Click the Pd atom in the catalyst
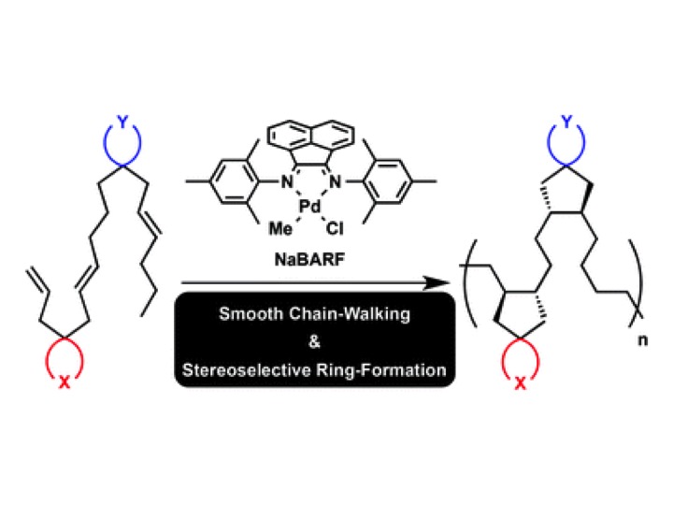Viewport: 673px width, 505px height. [310, 207]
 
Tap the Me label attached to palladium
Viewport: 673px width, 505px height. [280, 229]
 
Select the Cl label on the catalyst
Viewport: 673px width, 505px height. [335, 229]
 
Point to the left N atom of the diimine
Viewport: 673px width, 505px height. [287, 182]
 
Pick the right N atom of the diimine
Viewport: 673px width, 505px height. [335, 182]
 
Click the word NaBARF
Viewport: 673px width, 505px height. [309, 260]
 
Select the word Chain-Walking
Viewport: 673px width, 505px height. [350, 314]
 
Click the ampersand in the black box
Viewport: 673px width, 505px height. [314, 342]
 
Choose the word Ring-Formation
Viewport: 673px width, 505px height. [381, 370]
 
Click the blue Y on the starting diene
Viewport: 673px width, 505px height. [123, 122]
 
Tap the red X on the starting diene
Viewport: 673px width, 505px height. [64, 382]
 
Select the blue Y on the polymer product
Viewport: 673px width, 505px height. [567, 122]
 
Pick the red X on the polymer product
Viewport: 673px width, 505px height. [520, 382]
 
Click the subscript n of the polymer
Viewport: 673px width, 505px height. [642, 340]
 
